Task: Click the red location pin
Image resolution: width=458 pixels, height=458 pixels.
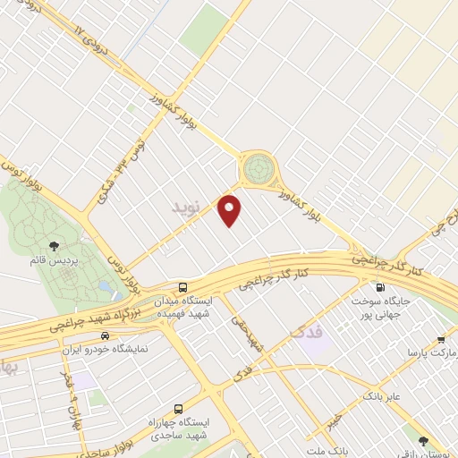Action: coord(231,209)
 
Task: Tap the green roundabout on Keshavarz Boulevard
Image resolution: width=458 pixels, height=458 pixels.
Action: coord(258,166)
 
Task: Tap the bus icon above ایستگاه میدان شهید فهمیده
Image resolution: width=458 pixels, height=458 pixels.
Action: coord(182,287)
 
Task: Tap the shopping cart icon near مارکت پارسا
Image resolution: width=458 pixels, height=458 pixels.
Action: coord(441,340)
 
